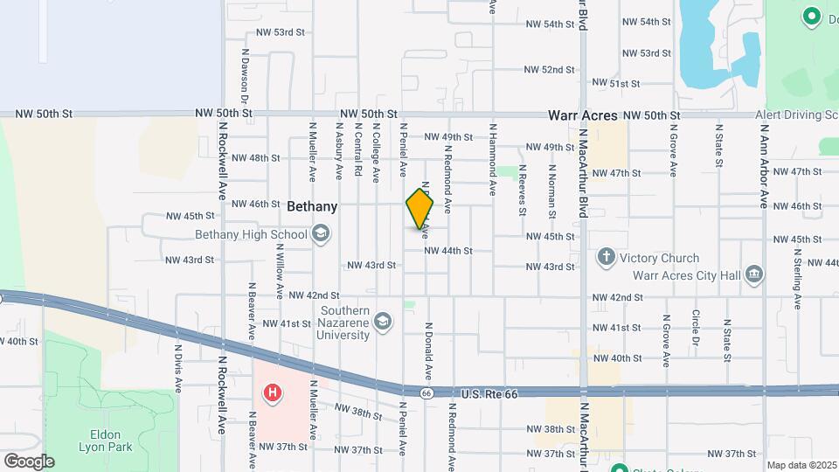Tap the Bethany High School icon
click(x=321, y=233)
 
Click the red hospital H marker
click(x=273, y=393)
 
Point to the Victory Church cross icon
click(x=606, y=258)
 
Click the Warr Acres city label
click(x=583, y=115)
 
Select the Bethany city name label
click(x=312, y=207)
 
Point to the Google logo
click(x=29, y=461)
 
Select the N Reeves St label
click(x=522, y=189)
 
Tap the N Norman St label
click(x=552, y=190)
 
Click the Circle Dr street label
click(x=696, y=327)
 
